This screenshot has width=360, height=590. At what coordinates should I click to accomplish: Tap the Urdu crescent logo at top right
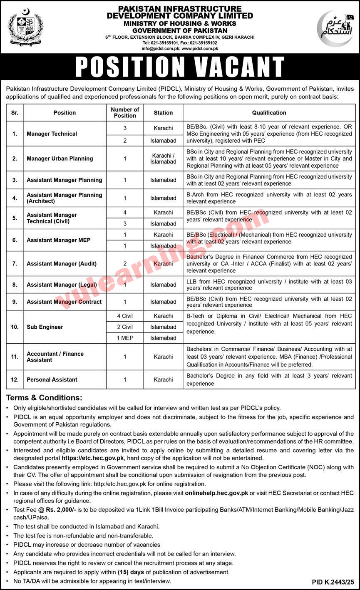[x=335, y=28]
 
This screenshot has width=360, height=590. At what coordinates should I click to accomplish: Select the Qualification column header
[x=269, y=113]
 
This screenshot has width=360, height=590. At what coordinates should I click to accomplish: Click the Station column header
[x=163, y=113]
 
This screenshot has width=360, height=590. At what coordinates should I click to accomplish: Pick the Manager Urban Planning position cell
[x=60, y=159]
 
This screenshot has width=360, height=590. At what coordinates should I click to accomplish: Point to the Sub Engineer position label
[x=45, y=327]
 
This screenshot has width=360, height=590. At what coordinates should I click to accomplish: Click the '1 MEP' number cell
[x=125, y=338]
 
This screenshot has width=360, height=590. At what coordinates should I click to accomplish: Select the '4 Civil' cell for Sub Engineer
[x=125, y=316]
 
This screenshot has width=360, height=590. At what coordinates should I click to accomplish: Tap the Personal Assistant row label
[x=52, y=379]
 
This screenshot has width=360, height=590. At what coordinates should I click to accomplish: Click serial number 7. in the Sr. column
[x=15, y=263]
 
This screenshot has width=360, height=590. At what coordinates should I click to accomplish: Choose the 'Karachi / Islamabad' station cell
[x=163, y=159]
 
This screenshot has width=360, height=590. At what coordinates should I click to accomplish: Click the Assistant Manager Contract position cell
[x=64, y=302]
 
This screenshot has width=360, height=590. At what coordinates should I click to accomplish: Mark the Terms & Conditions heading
[x=44, y=398]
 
